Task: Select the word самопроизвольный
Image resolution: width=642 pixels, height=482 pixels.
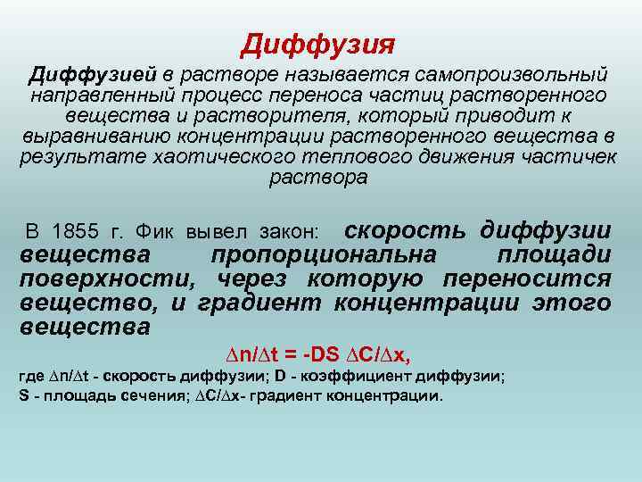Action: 518,73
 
